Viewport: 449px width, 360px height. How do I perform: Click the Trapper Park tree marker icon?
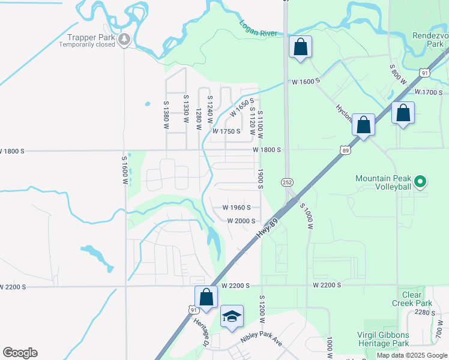pyautogui.click(x=124, y=40)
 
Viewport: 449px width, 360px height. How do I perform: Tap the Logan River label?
pyautogui.click(x=259, y=28)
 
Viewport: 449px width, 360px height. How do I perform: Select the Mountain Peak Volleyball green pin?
pyautogui.click(x=420, y=181)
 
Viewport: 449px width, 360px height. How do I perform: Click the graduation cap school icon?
pyautogui.click(x=232, y=316)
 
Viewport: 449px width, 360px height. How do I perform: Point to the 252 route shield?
pyautogui.click(x=286, y=181)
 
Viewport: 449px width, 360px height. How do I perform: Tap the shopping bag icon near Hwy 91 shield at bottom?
pyautogui.click(x=206, y=297)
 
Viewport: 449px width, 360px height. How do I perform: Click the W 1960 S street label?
pyautogui.click(x=236, y=208)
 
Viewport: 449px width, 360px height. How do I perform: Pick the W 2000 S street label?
pyautogui.click(x=242, y=221)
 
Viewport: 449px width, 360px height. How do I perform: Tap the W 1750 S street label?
pyautogui.click(x=226, y=131)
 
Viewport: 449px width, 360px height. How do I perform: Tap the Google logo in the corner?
pyautogui.click(x=20, y=353)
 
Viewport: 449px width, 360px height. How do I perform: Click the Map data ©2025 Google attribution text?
pyautogui.click(x=412, y=356)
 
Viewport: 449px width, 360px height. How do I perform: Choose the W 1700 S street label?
pyautogui.click(x=429, y=92)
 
